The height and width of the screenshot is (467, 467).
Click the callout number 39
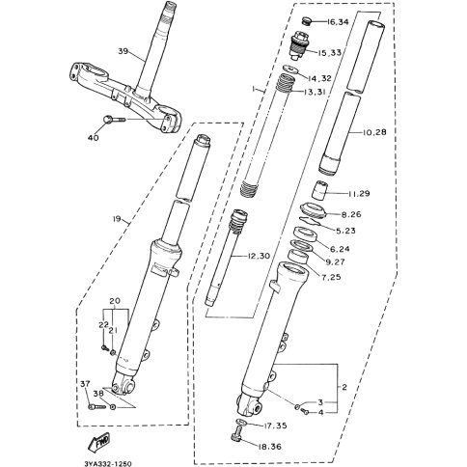click(124, 51)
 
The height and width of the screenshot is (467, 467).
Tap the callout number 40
click(94, 138)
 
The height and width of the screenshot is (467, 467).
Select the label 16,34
click(338, 22)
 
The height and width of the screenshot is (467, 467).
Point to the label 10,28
click(374, 132)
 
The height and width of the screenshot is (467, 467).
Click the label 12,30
click(259, 256)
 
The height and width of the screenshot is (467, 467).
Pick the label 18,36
click(269, 447)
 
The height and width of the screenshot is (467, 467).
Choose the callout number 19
click(117, 219)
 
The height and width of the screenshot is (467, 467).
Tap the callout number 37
click(85, 384)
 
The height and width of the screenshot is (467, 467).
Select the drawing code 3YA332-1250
click(108, 463)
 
